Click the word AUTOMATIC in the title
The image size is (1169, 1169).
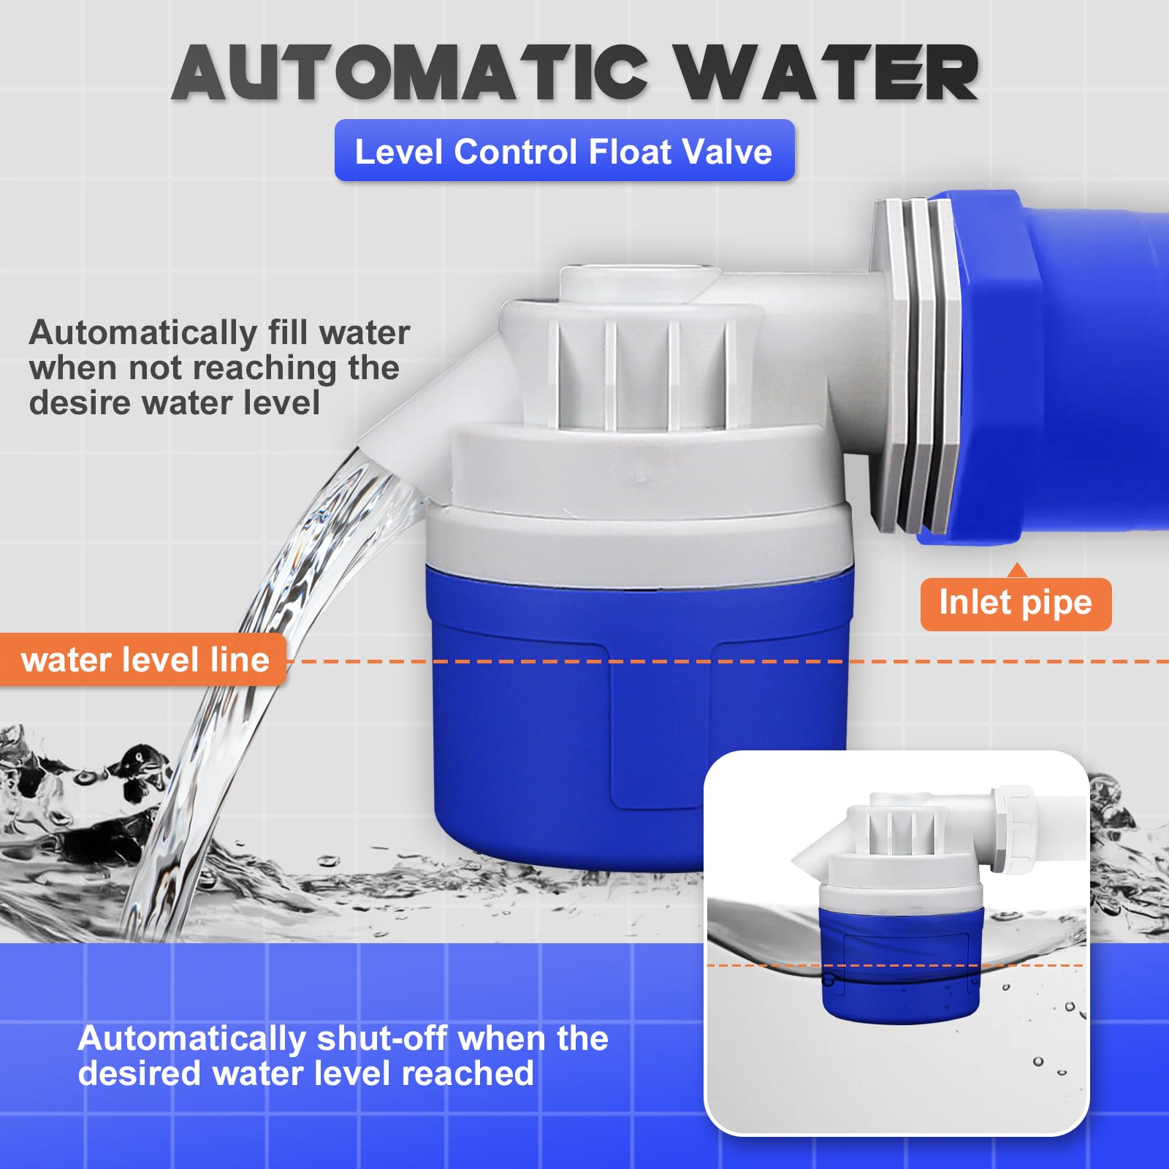tap(410, 72)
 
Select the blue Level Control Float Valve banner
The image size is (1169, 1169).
tap(564, 151)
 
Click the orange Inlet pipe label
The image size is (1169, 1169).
tap(1016, 603)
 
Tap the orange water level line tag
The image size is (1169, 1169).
tap(143, 660)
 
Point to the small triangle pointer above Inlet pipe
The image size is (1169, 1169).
tap(1016, 570)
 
